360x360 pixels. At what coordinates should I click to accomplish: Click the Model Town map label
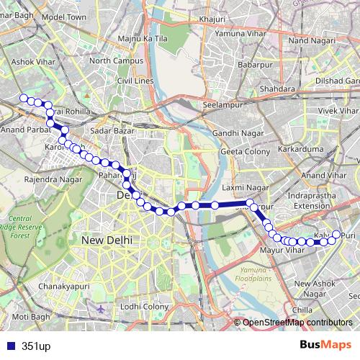coord(65,16)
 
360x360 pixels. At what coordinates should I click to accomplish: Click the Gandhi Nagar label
coord(235,134)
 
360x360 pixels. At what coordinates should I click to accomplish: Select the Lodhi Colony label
coord(144,307)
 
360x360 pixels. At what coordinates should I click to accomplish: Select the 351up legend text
coord(36,346)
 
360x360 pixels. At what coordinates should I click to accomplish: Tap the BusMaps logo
coord(325,346)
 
